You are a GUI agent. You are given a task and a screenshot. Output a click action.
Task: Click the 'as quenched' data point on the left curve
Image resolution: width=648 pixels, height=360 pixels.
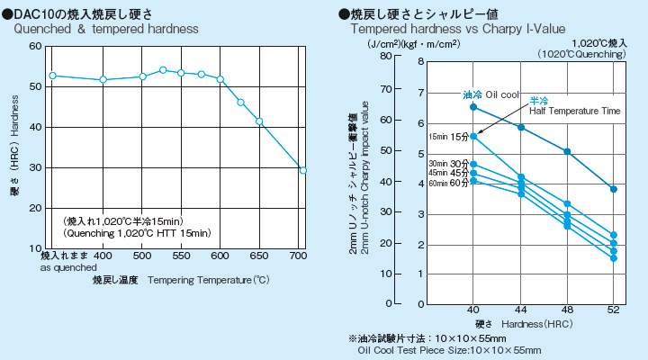tap(52, 76)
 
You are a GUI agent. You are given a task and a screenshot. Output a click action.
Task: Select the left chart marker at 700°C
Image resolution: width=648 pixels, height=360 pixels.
tap(303, 170)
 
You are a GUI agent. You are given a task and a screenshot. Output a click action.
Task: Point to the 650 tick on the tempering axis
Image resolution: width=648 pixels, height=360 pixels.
tap(260, 256)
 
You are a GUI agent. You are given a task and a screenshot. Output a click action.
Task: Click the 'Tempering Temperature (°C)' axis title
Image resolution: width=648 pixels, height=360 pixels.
tap(208, 281)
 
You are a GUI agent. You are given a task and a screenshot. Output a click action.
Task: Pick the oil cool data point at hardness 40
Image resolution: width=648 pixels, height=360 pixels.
tap(473, 107)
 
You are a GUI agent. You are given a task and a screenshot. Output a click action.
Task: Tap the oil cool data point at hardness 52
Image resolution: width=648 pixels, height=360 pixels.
tap(614, 189)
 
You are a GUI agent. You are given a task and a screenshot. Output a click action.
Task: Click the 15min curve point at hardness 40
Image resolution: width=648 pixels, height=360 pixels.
tap(473, 136)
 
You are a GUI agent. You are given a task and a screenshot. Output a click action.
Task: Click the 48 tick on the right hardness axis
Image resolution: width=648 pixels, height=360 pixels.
tap(567, 309)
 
